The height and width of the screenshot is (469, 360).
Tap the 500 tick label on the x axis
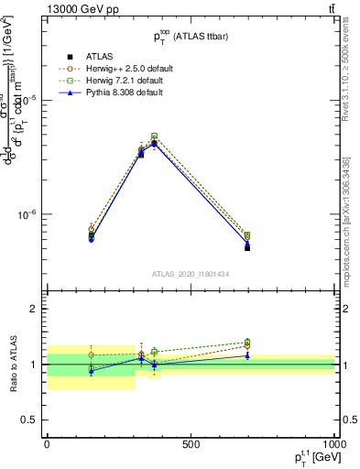(191, 445)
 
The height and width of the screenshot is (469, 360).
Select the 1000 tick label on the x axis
(332, 445)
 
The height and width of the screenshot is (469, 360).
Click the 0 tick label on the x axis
(47, 445)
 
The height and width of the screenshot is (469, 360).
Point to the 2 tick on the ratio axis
(35, 310)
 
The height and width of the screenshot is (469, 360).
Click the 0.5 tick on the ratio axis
(31, 420)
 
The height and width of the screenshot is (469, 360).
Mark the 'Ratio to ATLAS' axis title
(14, 365)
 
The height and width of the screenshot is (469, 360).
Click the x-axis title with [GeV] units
(307, 459)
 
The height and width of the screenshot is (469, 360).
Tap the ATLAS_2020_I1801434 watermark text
(190, 274)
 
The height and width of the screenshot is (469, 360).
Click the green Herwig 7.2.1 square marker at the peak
(154, 136)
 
